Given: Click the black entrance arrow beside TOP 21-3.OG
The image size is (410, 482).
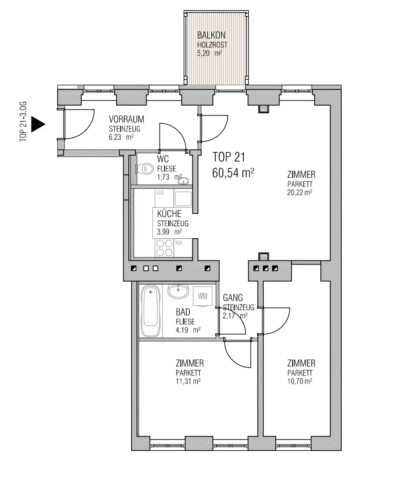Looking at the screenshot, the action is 38,125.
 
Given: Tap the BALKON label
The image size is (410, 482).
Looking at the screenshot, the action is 211,35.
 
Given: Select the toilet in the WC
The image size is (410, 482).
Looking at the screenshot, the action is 145,169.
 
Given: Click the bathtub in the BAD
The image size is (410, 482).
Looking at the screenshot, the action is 150,311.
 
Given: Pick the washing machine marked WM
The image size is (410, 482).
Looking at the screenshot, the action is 202,296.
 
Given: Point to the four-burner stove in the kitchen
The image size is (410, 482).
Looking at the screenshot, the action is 164,248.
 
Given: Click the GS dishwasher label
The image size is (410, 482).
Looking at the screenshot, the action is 160,193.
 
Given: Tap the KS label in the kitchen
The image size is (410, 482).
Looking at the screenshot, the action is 179,242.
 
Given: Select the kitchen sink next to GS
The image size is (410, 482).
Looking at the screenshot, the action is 183,199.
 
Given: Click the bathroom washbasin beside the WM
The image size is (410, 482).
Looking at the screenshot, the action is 178,291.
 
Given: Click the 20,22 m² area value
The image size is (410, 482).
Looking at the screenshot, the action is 300,192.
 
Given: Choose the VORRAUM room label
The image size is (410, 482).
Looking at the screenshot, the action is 126,119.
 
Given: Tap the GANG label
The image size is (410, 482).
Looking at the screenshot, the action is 232,297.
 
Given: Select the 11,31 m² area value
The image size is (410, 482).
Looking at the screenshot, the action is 188,381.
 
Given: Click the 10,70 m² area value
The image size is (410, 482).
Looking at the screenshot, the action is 300,381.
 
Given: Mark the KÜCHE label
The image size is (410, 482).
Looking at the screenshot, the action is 169,214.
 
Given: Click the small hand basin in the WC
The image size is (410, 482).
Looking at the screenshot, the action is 183,181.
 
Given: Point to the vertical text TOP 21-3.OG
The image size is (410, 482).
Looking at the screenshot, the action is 23,121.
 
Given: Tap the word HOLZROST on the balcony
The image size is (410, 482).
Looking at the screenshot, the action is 212,45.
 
